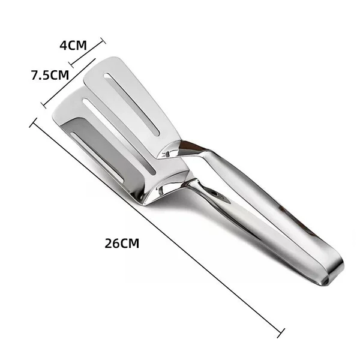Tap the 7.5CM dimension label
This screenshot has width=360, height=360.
pyautogui.click(x=50, y=75)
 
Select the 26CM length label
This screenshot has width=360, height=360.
pyautogui.click(x=122, y=244)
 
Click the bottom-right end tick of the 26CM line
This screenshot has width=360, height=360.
pyautogui.click(x=281, y=331)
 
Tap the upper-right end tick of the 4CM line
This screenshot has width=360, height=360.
pyautogui.click(x=102, y=42)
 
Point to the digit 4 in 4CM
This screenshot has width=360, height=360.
pyautogui.click(x=63, y=45)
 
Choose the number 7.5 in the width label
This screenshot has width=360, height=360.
pyautogui.click(x=41, y=75)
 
